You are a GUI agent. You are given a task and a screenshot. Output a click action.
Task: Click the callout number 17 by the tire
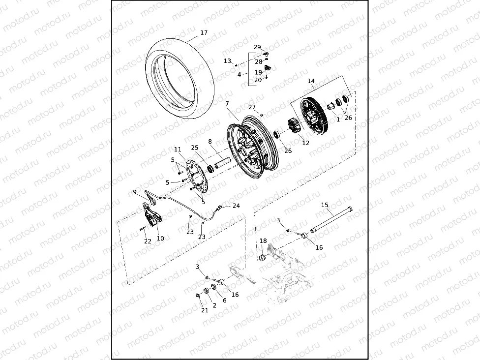pyautogui.click(x=204, y=33)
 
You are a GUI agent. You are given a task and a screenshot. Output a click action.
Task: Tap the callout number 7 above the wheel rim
pyautogui.click(x=227, y=104)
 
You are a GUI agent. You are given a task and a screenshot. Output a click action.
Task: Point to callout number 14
pyautogui.click(x=311, y=81)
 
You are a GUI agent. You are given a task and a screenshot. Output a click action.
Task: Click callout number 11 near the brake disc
pyautogui.click(x=178, y=150)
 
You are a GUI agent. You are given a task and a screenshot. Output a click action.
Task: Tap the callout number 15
pyautogui.click(x=325, y=205)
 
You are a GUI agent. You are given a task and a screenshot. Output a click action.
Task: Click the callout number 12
pyautogui.click(x=306, y=143)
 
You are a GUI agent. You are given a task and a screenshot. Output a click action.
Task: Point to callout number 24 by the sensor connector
pyautogui.click(x=236, y=206)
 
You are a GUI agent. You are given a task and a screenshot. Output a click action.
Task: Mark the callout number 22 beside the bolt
pyautogui.click(x=148, y=241)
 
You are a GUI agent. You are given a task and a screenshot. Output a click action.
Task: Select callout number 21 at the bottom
pyautogui.click(x=205, y=310)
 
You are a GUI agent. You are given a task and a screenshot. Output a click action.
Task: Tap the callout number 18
pyautogui.click(x=264, y=241)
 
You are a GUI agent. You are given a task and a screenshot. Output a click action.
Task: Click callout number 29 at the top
pyautogui.click(x=257, y=47)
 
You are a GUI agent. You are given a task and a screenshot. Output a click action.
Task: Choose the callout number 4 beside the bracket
pyautogui.click(x=239, y=74)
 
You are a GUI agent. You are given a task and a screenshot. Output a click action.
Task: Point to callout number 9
pyautogui.click(x=135, y=192)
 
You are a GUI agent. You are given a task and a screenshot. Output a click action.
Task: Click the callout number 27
pyautogui.click(x=252, y=107)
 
